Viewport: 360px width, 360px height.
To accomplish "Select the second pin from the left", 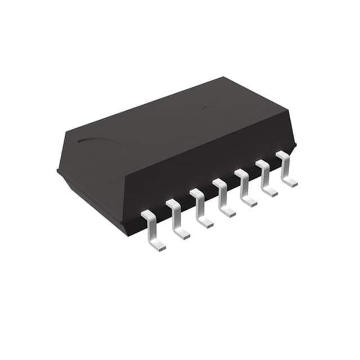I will [x=177, y=218].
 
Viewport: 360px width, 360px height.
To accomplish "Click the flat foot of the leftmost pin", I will [x=158, y=245].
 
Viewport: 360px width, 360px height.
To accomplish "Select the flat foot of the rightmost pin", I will [x=290, y=182].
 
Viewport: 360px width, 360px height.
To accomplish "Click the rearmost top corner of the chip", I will [x=224, y=78].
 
